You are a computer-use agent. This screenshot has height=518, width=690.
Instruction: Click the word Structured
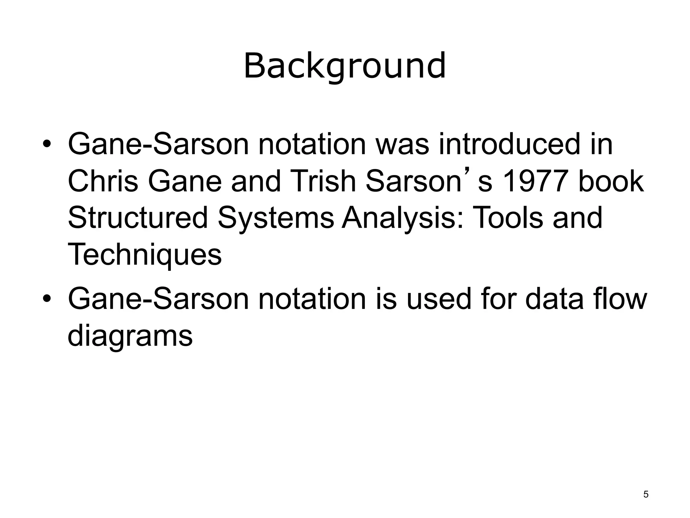coord(137,218)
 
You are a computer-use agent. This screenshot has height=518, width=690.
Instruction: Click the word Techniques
coord(145,255)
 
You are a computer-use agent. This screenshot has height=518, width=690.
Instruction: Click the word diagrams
coord(130,336)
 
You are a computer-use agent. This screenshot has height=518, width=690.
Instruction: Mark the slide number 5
coord(646,495)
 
